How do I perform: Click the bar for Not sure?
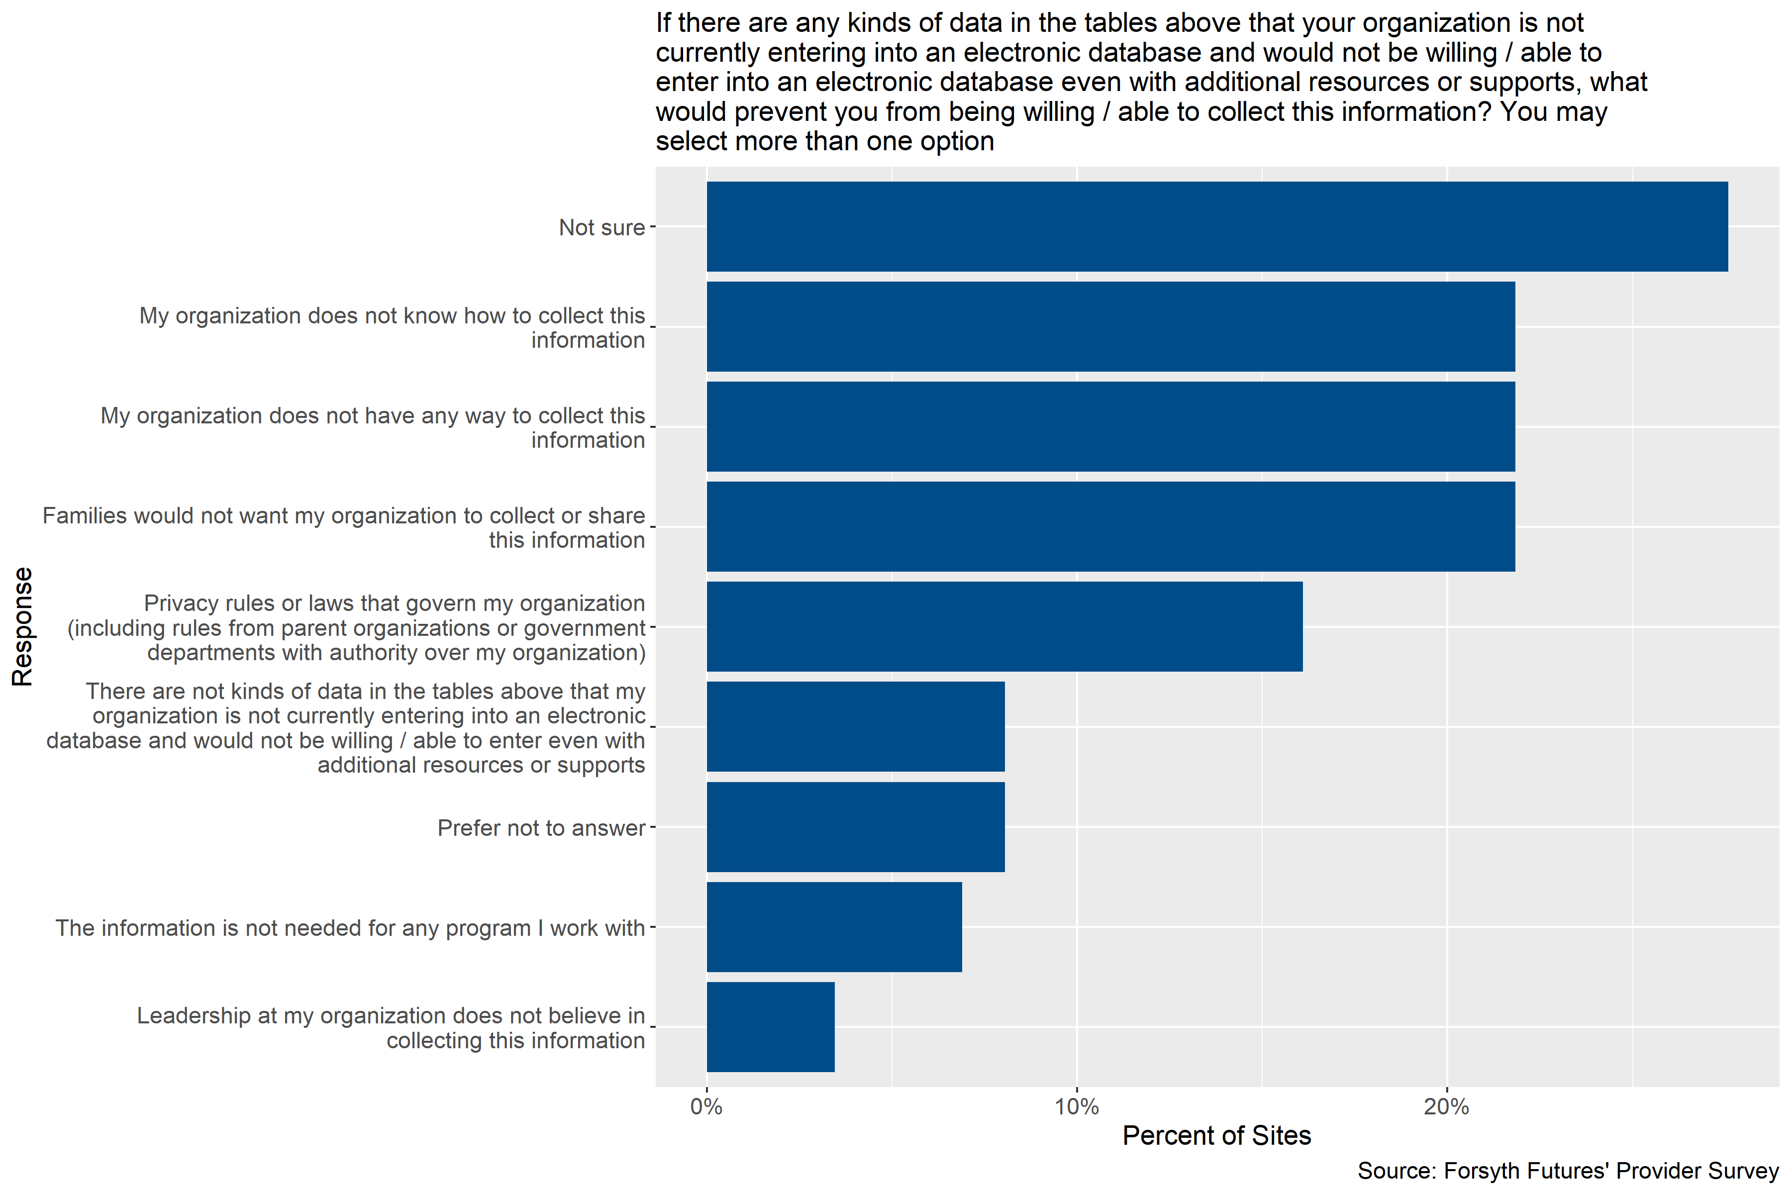1217,226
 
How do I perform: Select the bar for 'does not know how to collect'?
1110,327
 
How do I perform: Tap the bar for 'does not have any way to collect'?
1110,426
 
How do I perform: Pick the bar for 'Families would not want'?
1110,526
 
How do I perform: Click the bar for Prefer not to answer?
855,827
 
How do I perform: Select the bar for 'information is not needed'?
834,927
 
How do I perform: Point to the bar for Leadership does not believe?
770,1027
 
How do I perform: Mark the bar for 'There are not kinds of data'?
855,726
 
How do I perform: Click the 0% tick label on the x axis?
706,1106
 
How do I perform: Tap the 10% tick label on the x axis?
1076,1106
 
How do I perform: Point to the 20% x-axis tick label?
1446,1106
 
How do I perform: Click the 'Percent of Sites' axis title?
1216,1135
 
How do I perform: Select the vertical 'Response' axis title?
23,627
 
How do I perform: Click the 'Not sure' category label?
601,228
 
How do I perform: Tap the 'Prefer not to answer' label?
541,828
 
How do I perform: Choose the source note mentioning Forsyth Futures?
1567,1171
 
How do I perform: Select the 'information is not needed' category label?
350,928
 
